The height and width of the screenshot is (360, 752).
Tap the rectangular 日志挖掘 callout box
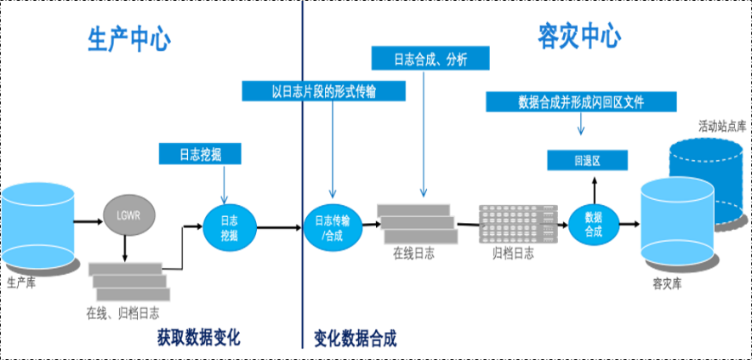(200, 153)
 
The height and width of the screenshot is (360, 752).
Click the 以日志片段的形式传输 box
(323, 91)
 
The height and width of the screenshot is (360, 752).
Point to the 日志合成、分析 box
(430, 59)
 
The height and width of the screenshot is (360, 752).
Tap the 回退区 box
(586, 160)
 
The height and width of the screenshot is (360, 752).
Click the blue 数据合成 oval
(593, 224)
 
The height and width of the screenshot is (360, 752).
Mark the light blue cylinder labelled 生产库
(37, 223)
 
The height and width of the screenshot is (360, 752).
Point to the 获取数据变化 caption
(198, 338)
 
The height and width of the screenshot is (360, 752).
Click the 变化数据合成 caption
(355, 338)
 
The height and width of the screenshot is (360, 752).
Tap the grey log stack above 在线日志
(416, 223)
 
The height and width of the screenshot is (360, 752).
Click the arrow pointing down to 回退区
(581, 125)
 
